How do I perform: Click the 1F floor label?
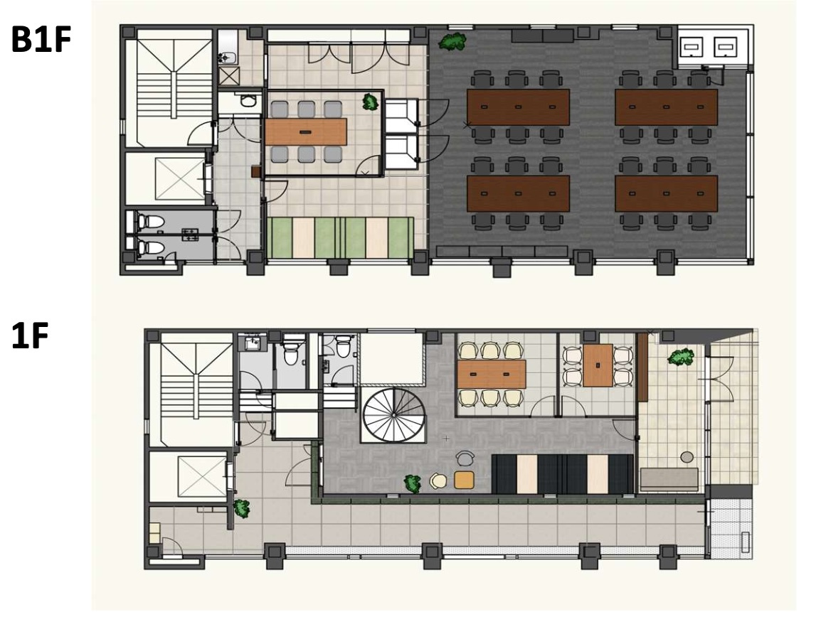tap(30, 336)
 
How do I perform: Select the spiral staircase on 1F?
tap(393, 416)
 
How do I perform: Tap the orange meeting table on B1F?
tap(306, 132)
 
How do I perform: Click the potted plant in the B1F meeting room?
tap(370, 101)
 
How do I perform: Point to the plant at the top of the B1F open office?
tap(452, 41)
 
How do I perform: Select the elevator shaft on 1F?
tap(203, 477)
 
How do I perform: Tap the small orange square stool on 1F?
tap(464, 480)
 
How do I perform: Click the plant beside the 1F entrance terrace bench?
tap(681, 358)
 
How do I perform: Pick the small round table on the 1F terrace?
tap(687, 457)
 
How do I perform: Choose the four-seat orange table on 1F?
tap(598, 365)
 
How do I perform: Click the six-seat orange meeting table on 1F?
tap(491, 374)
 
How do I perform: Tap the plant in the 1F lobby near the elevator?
tap(241, 508)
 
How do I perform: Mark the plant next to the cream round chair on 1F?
tap(413, 483)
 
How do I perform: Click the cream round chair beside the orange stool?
tap(438, 481)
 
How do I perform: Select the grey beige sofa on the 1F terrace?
tap(669, 479)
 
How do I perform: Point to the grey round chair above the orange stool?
tap(464, 458)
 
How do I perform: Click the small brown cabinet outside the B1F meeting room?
tap(256, 171)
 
